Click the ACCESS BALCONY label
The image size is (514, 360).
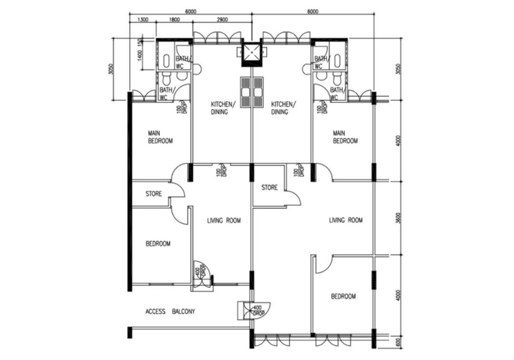point(170,312)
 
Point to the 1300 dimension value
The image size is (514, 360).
point(142,20)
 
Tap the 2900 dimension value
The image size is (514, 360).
point(221,20)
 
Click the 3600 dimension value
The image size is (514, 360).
point(398,218)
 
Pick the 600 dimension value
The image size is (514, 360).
point(398,341)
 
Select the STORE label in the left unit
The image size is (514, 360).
point(153,194)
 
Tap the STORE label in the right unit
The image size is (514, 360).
point(269,188)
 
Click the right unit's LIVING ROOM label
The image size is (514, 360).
point(346,220)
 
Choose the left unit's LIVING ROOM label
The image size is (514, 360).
point(224,221)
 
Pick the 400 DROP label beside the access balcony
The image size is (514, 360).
point(258,311)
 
